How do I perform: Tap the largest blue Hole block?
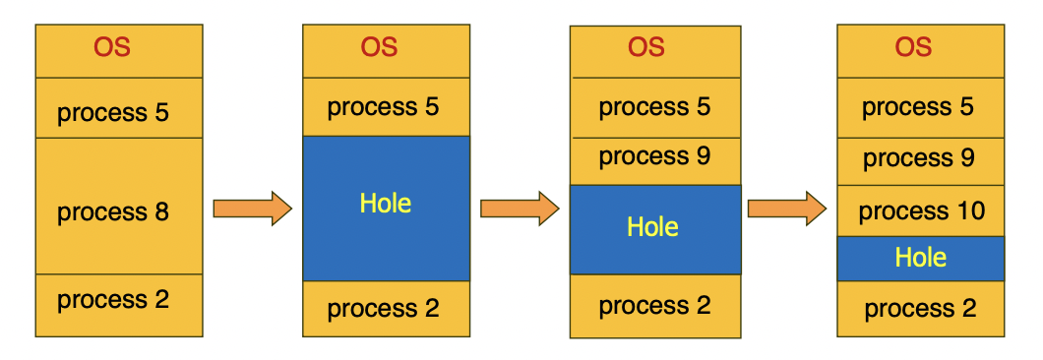386,209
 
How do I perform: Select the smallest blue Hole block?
921,258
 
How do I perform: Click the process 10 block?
921,210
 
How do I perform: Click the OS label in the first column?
112,47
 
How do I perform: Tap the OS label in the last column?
913,47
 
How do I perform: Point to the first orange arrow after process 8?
253,209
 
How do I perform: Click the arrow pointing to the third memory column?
520,209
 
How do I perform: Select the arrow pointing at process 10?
787,209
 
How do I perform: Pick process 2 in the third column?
655,306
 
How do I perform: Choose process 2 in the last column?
921,309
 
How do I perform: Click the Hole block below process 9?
655,229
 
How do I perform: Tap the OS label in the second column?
379,47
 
